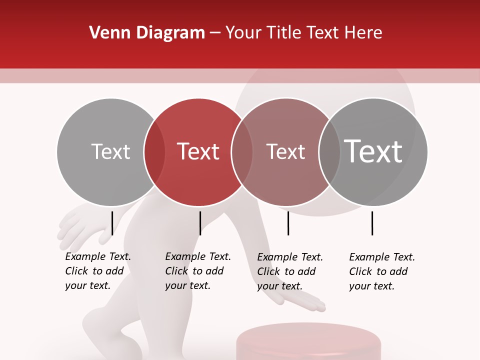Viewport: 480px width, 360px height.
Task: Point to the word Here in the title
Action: click(x=364, y=33)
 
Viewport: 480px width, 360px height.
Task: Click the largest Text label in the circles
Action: click(x=373, y=151)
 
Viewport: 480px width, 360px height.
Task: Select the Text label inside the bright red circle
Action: click(x=198, y=151)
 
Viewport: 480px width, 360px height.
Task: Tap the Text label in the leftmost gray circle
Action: click(x=110, y=152)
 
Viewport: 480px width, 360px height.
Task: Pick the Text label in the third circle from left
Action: click(x=285, y=152)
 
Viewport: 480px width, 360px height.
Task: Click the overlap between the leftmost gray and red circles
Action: click(x=154, y=152)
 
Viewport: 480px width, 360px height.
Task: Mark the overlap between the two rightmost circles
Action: click(x=329, y=152)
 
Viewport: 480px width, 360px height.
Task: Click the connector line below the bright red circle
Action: click(x=200, y=223)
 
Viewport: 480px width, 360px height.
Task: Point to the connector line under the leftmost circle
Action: click(x=112, y=223)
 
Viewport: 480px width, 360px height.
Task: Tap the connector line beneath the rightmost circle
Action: click(x=372, y=223)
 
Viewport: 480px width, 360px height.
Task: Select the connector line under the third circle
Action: click(x=288, y=223)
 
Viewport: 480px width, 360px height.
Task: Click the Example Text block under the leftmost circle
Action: click(x=97, y=271)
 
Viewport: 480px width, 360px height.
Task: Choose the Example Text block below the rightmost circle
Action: click(x=381, y=271)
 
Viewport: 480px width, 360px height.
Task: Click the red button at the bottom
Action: click(x=308, y=342)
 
